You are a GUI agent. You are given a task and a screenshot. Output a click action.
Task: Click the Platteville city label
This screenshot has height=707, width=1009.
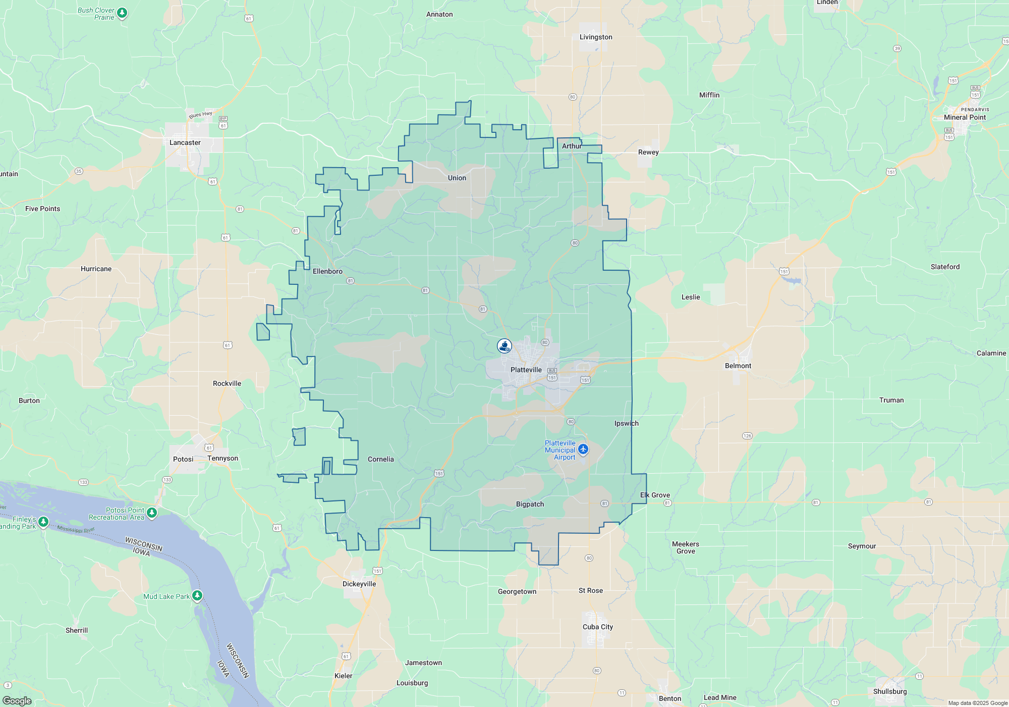[x=526, y=370]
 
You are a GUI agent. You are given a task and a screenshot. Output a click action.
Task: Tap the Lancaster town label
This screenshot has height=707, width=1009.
[x=185, y=142]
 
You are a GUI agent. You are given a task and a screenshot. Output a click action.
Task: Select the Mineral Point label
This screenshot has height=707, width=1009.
[x=965, y=117]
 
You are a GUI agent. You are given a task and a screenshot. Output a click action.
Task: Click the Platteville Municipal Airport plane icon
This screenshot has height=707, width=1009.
[x=583, y=449]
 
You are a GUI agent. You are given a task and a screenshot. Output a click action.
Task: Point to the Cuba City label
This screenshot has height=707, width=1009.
[x=598, y=627]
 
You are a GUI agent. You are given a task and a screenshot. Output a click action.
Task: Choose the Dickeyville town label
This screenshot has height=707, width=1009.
[x=359, y=584]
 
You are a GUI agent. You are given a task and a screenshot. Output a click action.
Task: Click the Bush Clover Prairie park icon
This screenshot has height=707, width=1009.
[x=122, y=13]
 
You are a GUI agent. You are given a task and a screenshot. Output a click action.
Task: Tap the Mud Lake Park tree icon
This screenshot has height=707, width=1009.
[x=197, y=596]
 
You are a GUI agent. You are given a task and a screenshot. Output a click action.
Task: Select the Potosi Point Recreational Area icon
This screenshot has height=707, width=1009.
[x=152, y=513]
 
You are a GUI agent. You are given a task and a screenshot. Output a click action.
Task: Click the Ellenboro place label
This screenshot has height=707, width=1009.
[x=327, y=271]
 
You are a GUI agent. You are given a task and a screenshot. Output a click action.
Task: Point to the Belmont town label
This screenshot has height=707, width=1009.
[x=738, y=366]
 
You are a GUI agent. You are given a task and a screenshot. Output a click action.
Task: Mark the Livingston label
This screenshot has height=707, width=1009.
[x=596, y=37]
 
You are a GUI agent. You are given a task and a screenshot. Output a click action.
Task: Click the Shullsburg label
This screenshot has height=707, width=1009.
[x=889, y=691]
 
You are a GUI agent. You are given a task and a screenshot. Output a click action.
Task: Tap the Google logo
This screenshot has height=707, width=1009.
[x=17, y=700]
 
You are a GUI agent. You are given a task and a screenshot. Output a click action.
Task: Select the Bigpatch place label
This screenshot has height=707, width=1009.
[x=530, y=504]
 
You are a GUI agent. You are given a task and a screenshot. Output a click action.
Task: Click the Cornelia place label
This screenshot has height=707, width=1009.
[x=380, y=459]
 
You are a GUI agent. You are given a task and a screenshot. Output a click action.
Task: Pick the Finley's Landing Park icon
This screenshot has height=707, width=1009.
[x=44, y=522]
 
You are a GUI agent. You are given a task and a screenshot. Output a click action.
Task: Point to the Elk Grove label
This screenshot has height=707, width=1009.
[x=655, y=495]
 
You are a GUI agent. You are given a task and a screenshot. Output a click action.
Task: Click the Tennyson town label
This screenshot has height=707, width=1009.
[x=222, y=458]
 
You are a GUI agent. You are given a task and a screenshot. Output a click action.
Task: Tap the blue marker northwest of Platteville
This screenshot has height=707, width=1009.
[x=504, y=346]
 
